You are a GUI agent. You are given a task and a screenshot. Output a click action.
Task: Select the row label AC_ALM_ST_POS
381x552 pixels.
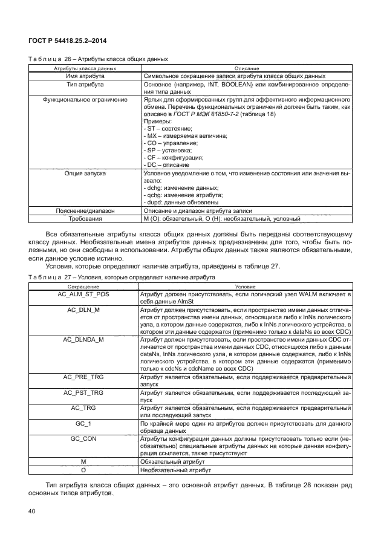click(x=83, y=294)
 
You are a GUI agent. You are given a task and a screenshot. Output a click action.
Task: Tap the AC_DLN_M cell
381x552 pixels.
click(x=83, y=309)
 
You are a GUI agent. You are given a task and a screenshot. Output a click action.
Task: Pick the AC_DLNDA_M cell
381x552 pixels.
click(x=83, y=339)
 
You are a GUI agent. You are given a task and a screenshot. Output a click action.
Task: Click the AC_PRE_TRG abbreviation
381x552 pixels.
click(x=83, y=377)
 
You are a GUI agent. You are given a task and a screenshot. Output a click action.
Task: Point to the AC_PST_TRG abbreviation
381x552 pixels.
click(x=83, y=392)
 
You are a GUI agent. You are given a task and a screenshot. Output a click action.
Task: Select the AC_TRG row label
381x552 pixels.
click(x=83, y=408)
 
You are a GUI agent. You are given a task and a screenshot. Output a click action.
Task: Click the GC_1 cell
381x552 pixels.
click(x=83, y=424)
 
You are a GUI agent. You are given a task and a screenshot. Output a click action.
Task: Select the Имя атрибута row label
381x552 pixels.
click(x=83, y=76)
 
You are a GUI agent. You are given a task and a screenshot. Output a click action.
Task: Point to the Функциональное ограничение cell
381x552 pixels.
click(x=83, y=99)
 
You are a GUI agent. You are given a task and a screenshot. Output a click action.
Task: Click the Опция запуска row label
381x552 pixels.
click(x=83, y=173)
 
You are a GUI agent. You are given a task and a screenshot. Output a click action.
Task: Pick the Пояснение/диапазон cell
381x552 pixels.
click(x=83, y=210)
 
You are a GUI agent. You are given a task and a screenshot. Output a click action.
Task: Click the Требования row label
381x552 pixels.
click(x=83, y=218)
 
